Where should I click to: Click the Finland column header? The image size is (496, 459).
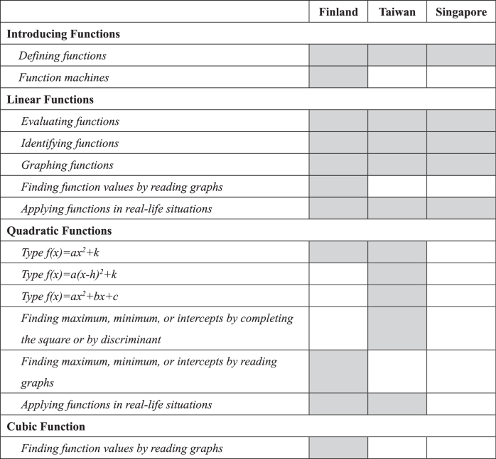point(338,12)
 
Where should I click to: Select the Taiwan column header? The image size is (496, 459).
point(397,12)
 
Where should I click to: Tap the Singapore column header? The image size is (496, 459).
point(460,12)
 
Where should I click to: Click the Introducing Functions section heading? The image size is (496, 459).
point(63,34)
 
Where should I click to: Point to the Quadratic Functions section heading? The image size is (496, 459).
point(59,231)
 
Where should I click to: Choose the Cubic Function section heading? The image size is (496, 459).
point(46,426)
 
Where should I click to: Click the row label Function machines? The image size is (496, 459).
point(65,77)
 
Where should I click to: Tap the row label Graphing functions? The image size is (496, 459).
point(67,165)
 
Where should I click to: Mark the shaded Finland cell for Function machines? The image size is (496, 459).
point(338,77)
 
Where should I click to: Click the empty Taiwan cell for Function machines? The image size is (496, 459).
point(397,77)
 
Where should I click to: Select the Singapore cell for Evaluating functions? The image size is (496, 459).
point(460,121)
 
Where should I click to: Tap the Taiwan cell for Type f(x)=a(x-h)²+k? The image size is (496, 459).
point(397,274)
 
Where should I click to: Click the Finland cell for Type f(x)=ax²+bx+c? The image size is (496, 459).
point(338,295)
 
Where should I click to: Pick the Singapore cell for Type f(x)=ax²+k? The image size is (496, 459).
point(460,252)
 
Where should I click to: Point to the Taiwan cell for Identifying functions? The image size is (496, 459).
point(397,143)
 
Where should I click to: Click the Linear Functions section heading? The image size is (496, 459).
point(50,99)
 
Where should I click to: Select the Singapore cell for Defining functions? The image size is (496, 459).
point(460,55)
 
